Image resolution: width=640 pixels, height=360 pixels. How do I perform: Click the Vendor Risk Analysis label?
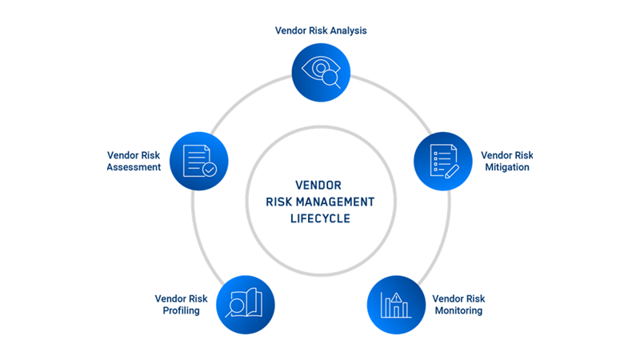coord(320,31)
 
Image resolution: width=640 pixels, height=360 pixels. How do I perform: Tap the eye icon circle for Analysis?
coord(321,73)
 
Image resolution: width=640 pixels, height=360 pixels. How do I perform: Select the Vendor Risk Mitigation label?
coord(507,161)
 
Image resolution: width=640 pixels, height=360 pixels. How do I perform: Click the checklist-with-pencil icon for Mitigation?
coord(442,160)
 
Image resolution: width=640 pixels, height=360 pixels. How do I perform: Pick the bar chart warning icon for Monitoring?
coord(396,305)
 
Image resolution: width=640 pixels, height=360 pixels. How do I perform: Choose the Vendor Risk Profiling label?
coord(181,304)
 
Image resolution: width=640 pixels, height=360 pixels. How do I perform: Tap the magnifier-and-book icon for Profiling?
coord(245,305)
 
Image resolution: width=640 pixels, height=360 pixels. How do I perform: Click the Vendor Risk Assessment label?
coord(134,161)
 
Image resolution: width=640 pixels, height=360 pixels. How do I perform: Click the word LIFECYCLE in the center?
coord(320,218)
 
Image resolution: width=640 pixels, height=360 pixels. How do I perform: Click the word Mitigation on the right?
coord(507,167)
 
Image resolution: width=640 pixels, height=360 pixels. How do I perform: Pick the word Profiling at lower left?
coord(181,310)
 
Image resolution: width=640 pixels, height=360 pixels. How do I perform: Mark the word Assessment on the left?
coord(134,167)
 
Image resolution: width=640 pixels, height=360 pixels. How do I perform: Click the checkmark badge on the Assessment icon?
coord(209,170)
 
